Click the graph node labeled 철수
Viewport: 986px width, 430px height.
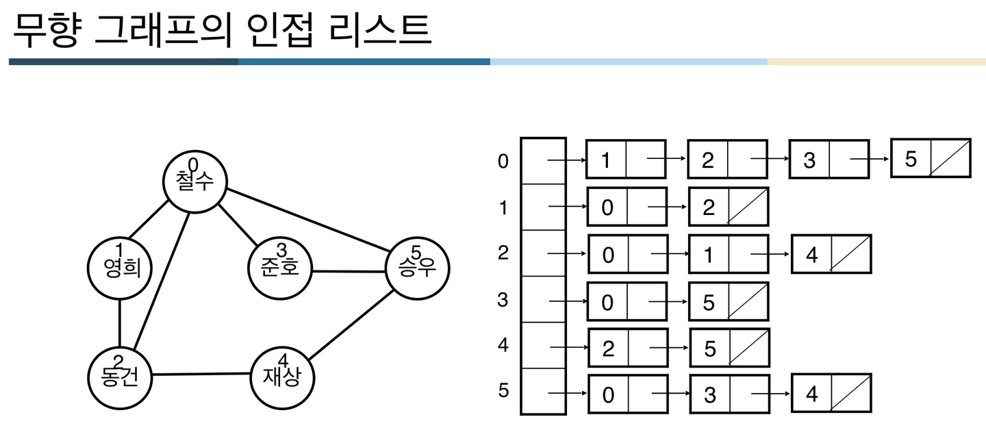[x=194, y=179]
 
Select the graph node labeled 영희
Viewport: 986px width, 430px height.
[x=120, y=268]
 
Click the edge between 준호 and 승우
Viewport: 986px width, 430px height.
[x=348, y=270]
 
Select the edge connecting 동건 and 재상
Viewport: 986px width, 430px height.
[x=200, y=375]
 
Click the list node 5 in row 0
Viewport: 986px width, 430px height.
[x=930, y=159]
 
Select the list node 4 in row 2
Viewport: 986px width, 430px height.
[x=831, y=254]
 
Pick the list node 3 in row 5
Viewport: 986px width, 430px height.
[x=729, y=394]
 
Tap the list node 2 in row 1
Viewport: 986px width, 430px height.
[x=729, y=207]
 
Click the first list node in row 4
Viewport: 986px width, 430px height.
[x=627, y=349]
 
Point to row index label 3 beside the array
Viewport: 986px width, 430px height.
[x=503, y=299]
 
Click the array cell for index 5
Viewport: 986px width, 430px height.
[x=543, y=392]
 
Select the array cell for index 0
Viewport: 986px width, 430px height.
[x=543, y=161]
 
